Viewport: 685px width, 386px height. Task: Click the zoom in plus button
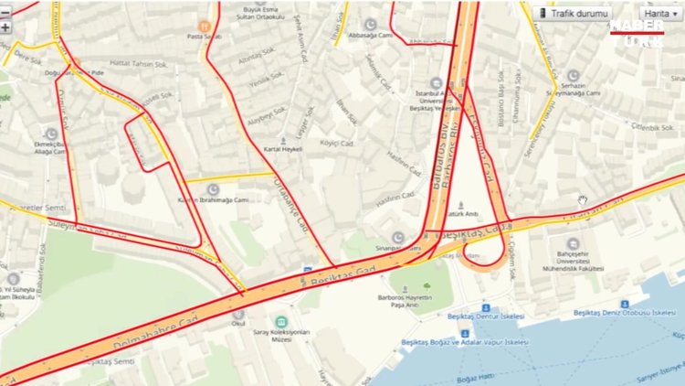(5, 27)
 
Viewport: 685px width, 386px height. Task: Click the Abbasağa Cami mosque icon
(370, 24)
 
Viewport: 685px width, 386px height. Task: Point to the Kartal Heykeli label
(282, 148)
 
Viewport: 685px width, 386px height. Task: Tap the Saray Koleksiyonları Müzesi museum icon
(279, 323)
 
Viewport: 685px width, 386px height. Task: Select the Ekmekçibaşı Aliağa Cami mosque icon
(51, 133)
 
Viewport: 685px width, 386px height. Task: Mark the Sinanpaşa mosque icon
(398, 238)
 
